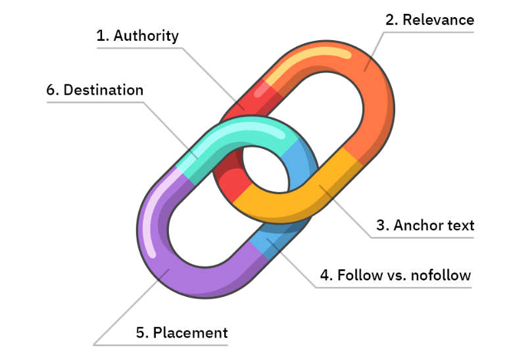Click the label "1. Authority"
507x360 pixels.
point(137,36)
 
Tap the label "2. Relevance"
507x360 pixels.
point(429,20)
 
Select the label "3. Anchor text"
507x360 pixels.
point(425,225)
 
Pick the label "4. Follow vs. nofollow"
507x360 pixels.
point(395,274)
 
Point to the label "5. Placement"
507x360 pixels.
point(181,332)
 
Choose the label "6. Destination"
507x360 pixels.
point(95,90)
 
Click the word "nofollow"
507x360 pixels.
point(441,274)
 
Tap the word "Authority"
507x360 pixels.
point(146,36)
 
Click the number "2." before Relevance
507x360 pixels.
point(392,20)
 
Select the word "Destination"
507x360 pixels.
point(103,90)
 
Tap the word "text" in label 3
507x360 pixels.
point(458,225)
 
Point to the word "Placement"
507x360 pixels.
point(191,332)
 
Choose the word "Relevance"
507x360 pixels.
point(439,20)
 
